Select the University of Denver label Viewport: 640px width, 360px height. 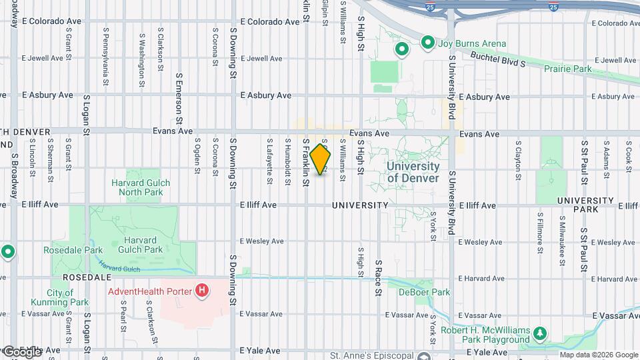(413, 172)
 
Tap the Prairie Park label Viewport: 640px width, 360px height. (568, 69)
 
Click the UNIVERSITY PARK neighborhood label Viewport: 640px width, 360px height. (585, 205)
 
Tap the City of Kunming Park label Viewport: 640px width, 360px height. (69, 297)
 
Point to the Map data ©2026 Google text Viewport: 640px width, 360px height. (599, 355)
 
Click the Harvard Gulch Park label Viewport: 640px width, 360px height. (145, 245)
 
